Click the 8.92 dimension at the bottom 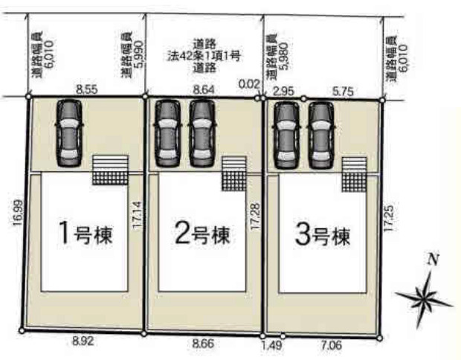[x=83, y=341]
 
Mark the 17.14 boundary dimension [x=137, y=216]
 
